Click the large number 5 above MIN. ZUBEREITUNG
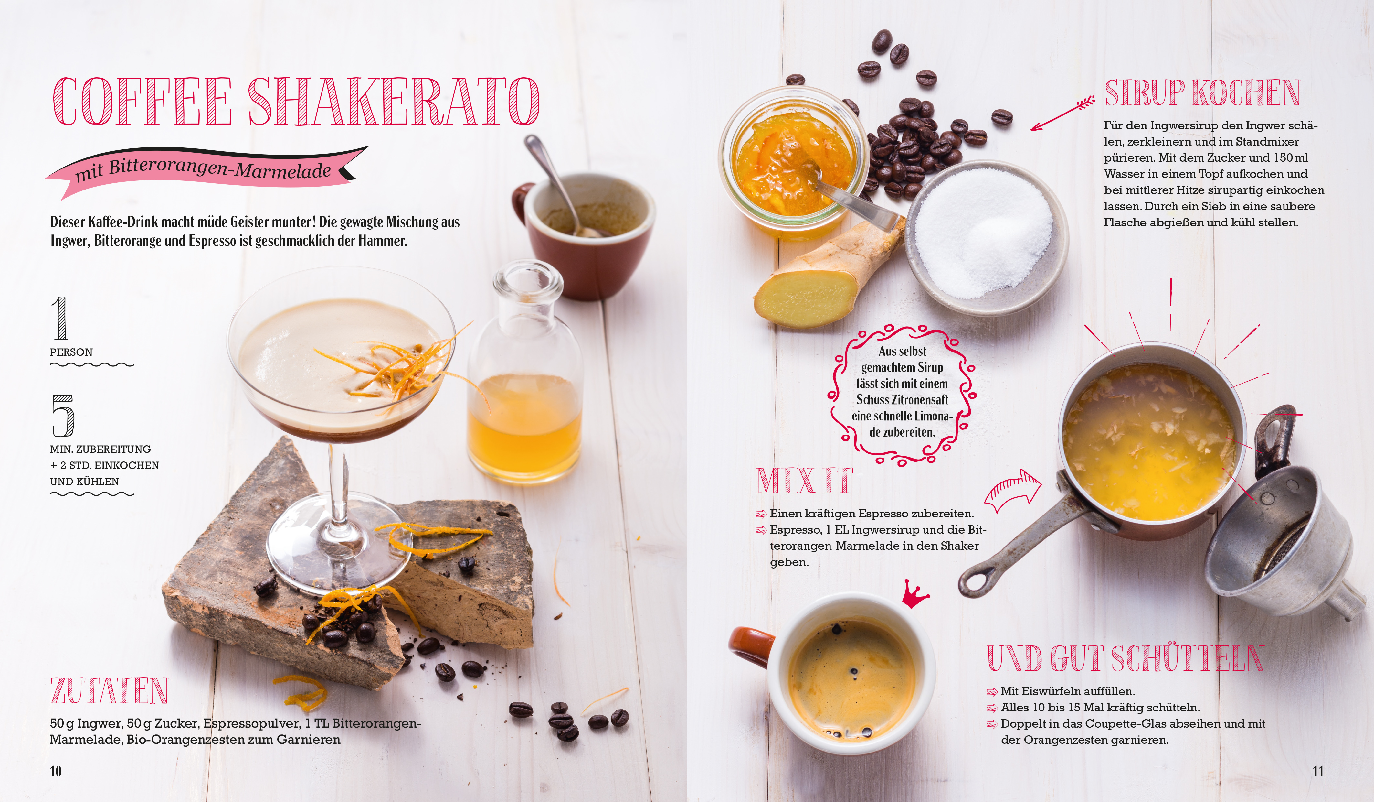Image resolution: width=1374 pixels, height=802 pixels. (63, 416)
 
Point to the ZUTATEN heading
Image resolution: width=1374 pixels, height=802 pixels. (109, 691)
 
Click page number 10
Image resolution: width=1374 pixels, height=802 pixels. (56, 771)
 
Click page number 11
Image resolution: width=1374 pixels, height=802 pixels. (1318, 771)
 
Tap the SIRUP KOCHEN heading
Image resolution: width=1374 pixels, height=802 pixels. (1202, 93)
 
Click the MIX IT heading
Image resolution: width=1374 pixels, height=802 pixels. (804, 481)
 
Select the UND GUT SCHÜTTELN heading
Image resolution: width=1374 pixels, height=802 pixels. (1126, 658)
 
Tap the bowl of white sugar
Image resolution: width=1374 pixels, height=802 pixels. (986, 237)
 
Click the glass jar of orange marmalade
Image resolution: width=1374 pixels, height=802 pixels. (793, 163)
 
